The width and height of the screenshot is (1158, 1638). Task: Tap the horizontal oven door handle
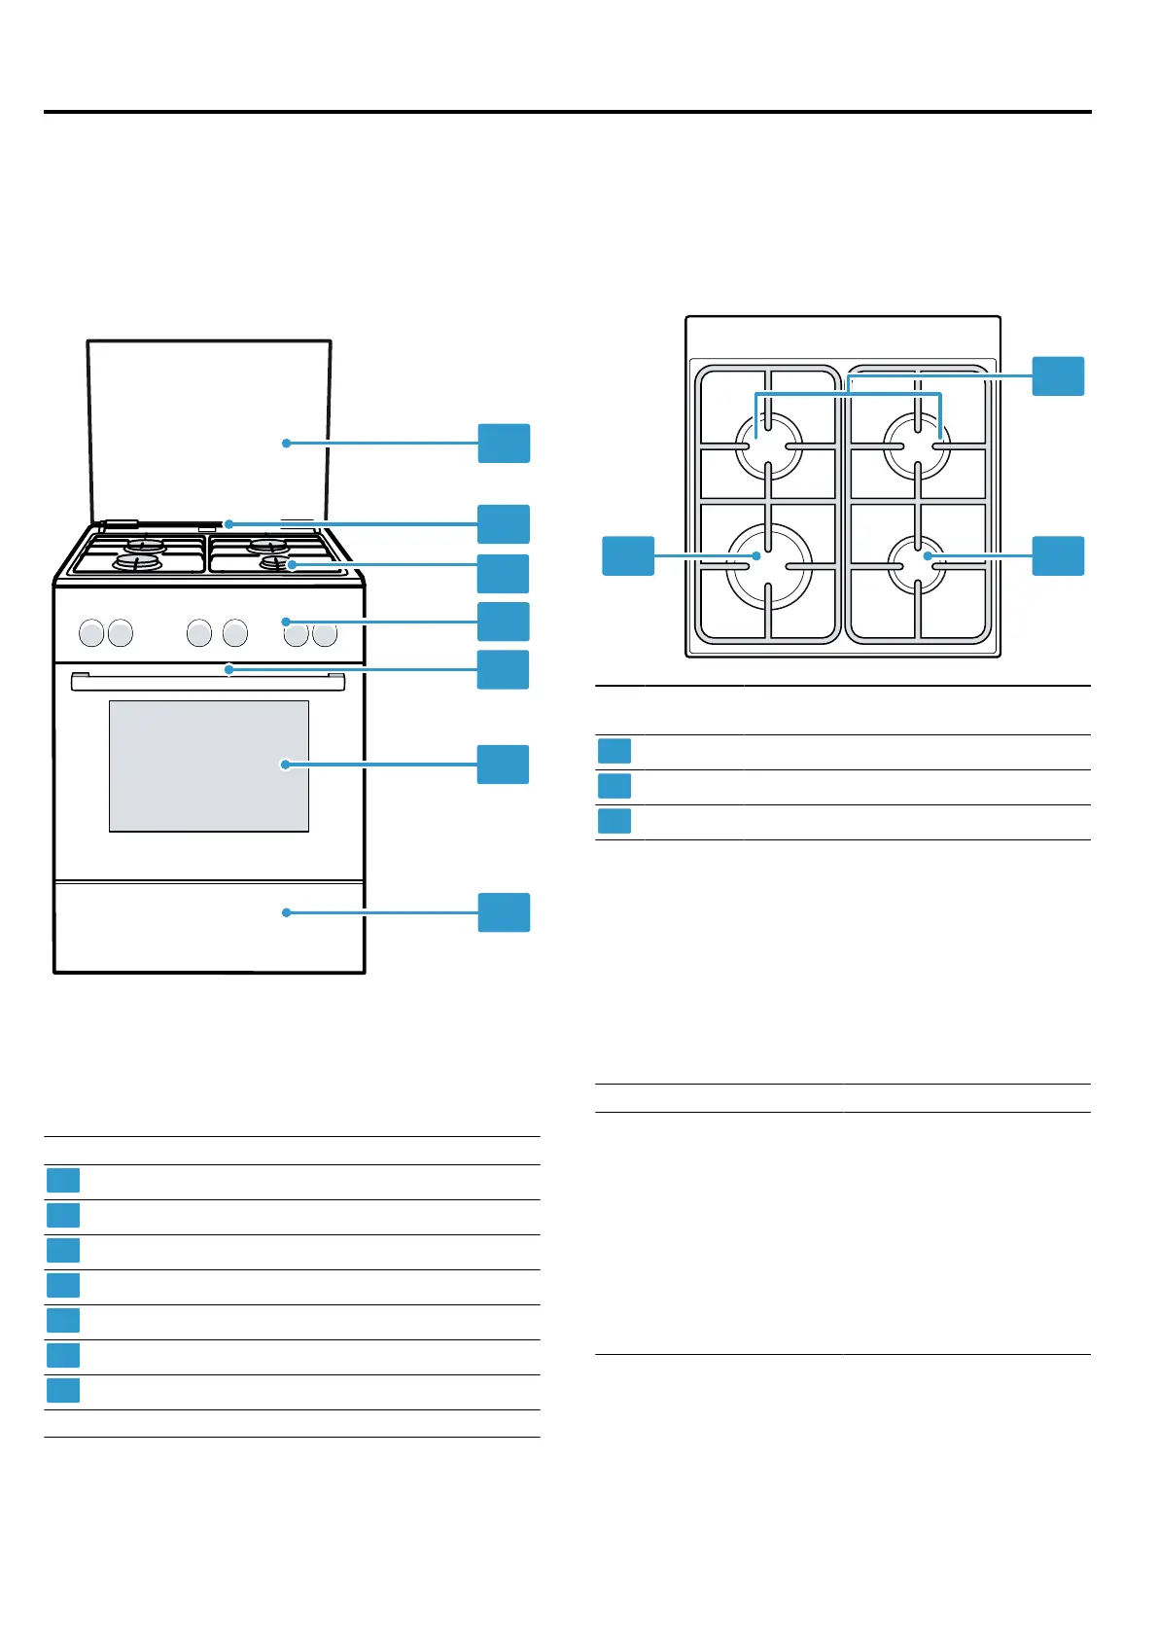207,682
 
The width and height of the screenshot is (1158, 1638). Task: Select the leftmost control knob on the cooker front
90,634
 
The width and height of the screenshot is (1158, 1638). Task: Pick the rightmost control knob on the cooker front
325,634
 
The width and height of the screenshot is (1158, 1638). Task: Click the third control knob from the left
199,634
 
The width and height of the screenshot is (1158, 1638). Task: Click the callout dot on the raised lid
286,444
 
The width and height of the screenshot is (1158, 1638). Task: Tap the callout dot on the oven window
286,765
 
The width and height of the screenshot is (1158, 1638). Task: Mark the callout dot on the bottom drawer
286,912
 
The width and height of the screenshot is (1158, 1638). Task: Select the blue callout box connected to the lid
504,444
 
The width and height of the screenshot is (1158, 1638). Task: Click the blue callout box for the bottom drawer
504,912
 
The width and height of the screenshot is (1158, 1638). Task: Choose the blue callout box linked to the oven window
504,765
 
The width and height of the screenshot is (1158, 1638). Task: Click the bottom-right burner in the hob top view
918,562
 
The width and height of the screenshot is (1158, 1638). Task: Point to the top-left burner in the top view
768,445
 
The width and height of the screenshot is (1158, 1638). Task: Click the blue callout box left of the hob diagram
628,555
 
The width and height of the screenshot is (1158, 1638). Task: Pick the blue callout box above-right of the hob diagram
1058,376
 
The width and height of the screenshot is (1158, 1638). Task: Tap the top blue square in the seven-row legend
63,1181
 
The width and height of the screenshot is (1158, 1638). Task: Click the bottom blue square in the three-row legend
614,821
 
